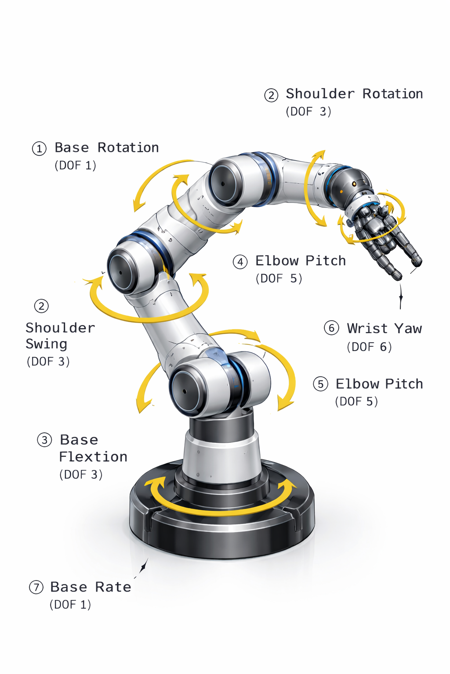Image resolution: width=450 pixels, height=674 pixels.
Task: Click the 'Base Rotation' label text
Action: [106, 148]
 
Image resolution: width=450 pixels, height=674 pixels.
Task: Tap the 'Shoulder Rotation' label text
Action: [354, 94]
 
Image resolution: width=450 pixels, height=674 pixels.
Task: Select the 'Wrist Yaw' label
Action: [384, 329]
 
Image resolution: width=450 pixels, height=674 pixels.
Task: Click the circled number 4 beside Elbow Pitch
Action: [240, 262]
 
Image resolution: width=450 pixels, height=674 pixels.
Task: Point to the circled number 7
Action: [36, 588]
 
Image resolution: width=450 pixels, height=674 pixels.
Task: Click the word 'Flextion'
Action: [93, 457]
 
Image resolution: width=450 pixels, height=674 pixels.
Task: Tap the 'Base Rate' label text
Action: [91, 587]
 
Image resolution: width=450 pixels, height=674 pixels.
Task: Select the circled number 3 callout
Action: [44, 440]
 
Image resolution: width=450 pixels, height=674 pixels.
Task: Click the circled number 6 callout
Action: [331, 328]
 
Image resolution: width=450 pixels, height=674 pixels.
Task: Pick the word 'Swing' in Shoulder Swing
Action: [46, 344]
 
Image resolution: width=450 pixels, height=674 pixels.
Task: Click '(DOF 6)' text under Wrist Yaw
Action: [369, 347]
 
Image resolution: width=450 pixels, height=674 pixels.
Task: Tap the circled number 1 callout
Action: [39, 149]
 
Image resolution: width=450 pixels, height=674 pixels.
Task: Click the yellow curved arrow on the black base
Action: [220, 509]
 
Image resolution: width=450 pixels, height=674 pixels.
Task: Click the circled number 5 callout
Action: [320, 384]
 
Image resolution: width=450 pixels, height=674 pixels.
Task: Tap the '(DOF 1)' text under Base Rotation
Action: [75, 165]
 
